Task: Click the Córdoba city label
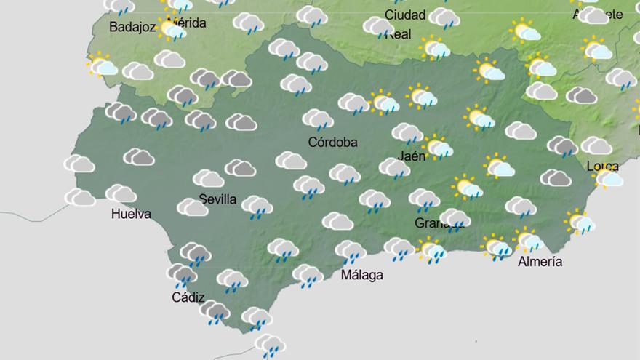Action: coord(332,143)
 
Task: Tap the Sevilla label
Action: coord(217,199)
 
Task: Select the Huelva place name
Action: coord(131,214)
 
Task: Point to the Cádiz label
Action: coord(188,297)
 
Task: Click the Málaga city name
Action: coord(361,275)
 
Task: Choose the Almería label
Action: coord(540,262)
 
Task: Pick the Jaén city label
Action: coord(412,155)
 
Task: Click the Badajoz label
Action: coord(133,27)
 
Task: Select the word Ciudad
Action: coord(405,15)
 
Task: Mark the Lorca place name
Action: coord(602,166)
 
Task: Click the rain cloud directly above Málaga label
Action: coord(351,252)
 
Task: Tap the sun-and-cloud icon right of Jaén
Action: coord(438,148)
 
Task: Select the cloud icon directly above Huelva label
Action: coord(121,193)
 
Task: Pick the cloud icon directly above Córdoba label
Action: coord(318,119)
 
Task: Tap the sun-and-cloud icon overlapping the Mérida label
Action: coord(172,30)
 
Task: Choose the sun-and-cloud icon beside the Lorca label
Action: coord(608,177)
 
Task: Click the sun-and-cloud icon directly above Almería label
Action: coord(528,239)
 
